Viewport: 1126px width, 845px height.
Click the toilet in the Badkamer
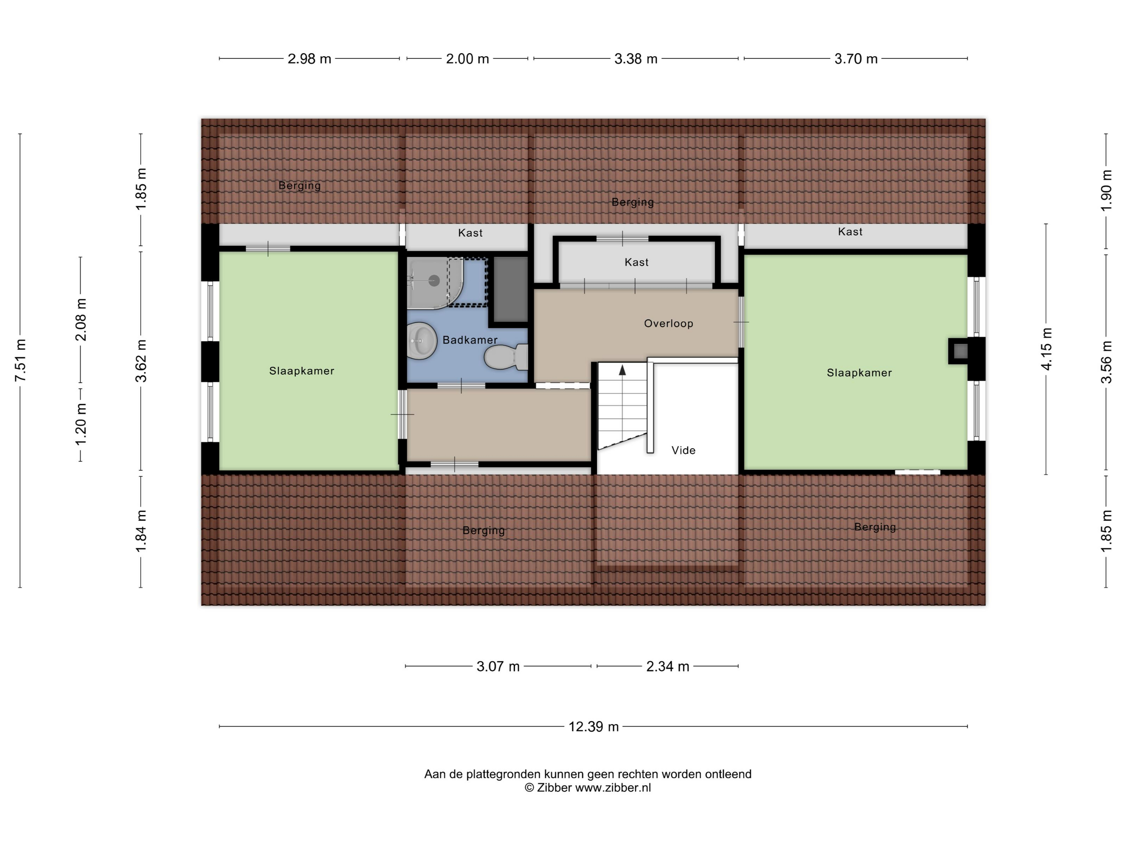[506, 357]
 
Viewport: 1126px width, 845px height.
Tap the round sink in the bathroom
[422, 341]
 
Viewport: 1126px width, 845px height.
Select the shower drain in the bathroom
[434, 280]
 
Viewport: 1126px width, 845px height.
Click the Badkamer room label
[470, 340]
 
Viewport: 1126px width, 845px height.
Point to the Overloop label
[668, 324]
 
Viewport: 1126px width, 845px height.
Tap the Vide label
[683, 450]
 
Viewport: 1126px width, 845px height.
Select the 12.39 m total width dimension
[594, 726]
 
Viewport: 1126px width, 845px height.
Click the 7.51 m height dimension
[21, 360]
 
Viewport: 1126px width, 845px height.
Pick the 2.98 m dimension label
[310, 59]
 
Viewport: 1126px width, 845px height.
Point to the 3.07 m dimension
[498, 666]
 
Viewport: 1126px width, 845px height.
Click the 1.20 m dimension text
[81, 424]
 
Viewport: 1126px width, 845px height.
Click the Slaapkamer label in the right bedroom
[859, 373]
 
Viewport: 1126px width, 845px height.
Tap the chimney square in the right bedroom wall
[960, 351]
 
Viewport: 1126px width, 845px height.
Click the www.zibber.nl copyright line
[588, 787]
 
